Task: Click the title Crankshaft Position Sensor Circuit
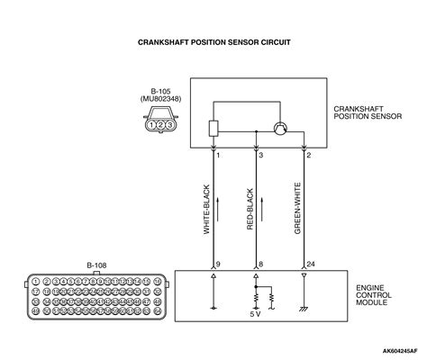tap(213, 41)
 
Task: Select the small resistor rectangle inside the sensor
tap(213, 128)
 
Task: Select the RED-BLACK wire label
tap(250, 209)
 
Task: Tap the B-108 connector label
tap(96, 266)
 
